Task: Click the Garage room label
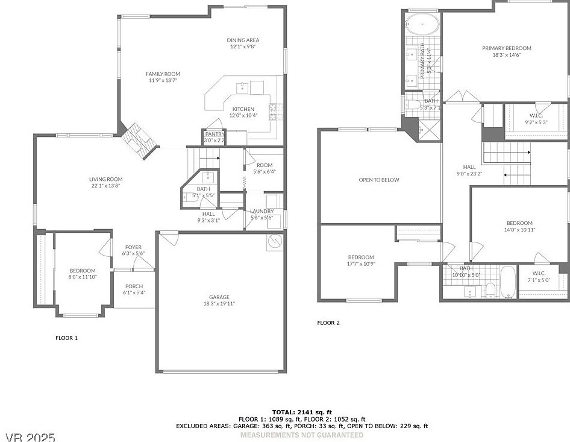point(219,297)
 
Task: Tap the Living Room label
point(105,179)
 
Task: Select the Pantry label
point(215,134)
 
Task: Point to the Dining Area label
point(243,40)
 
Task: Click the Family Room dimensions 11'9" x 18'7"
point(163,80)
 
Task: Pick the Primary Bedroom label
point(506,48)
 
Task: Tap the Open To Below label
point(378,180)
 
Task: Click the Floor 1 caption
point(66,338)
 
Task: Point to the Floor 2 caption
point(328,323)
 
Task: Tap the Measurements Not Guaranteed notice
point(301,435)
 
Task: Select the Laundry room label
point(262,211)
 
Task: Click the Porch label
point(134,286)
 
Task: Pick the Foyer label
point(133,247)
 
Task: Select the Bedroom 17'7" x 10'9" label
point(361,257)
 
